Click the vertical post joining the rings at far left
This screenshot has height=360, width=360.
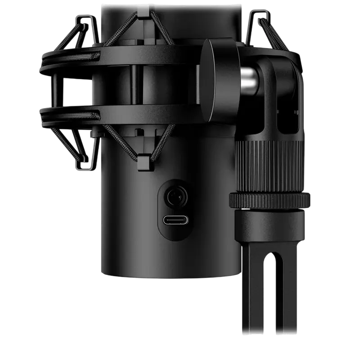55,92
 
